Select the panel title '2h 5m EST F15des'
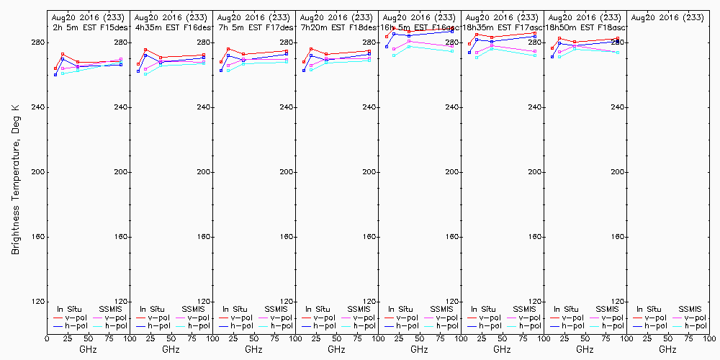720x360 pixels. click(x=88, y=27)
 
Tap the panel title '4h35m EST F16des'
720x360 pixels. click(x=171, y=27)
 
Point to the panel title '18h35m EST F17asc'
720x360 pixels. click(x=501, y=27)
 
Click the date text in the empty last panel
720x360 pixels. click(x=667, y=17)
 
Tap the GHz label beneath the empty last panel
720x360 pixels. click(x=667, y=349)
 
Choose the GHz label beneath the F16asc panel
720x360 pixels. click(x=419, y=349)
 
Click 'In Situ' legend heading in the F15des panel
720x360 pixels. click(x=68, y=309)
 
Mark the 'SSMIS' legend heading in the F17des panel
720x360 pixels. click(x=276, y=309)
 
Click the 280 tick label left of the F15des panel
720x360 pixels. click(x=37, y=42)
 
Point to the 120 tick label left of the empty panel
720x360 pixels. click(x=617, y=302)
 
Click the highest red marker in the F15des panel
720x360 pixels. click(x=63, y=54)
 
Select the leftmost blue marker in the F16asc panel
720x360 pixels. click(x=387, y=47)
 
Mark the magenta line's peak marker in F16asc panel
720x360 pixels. click(x=409, y=42)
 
